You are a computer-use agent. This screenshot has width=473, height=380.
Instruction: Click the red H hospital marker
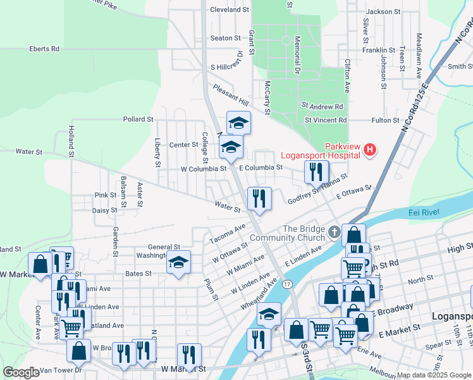click(x=371, y=150)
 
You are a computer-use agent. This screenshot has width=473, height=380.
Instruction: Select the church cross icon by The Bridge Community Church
click(x=334, y=233)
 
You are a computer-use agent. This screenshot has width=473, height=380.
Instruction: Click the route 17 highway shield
click(x=287, y=283)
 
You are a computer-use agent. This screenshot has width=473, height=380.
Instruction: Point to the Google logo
click(x=21, y=372)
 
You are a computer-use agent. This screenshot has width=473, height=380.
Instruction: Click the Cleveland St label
click(x=230, y=10)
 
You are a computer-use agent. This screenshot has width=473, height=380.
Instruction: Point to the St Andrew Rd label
click(x=322, y=106)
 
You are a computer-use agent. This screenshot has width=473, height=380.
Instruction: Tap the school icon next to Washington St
click(x=179, y=263)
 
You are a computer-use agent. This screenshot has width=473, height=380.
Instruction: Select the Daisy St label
click(x=105, y=210)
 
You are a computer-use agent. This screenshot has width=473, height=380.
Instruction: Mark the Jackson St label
click(x=384, y=11)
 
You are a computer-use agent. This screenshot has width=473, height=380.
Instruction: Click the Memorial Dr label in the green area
click(x=297, y=54)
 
